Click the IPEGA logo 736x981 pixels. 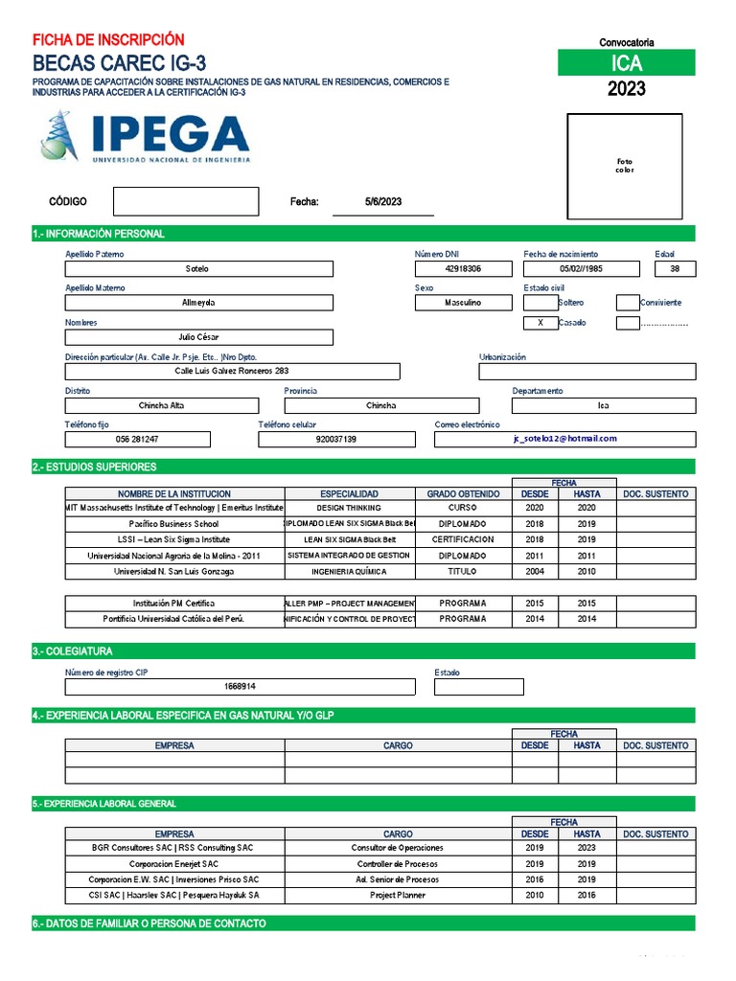[x=144, y=136]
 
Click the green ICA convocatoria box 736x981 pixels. [x=627, y=63]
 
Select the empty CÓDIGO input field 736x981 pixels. [x=186, y=201]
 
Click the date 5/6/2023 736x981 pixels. [x=383, y=201]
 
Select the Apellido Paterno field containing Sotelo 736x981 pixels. [x=198, y=269]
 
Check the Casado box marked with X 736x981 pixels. [x=540, y=323]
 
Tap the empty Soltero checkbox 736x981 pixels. [x=540, y=303]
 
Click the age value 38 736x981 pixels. [x=675, y=269]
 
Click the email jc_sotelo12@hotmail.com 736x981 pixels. [x=564, y=439]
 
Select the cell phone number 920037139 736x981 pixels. [x=335, y=439]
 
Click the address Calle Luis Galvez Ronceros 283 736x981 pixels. [x=232, y=371]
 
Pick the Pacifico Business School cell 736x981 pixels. [x=174, y=524]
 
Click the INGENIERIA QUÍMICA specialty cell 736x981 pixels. [x=349, y=572]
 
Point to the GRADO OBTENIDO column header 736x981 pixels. [x=463, y=494]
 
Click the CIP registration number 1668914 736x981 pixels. [x=240, y=687]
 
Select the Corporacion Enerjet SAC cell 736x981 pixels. [x=174, y=864]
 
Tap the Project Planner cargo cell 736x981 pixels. [x=398, y=896]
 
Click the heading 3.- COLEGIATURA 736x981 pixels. [x=72, y=651]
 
